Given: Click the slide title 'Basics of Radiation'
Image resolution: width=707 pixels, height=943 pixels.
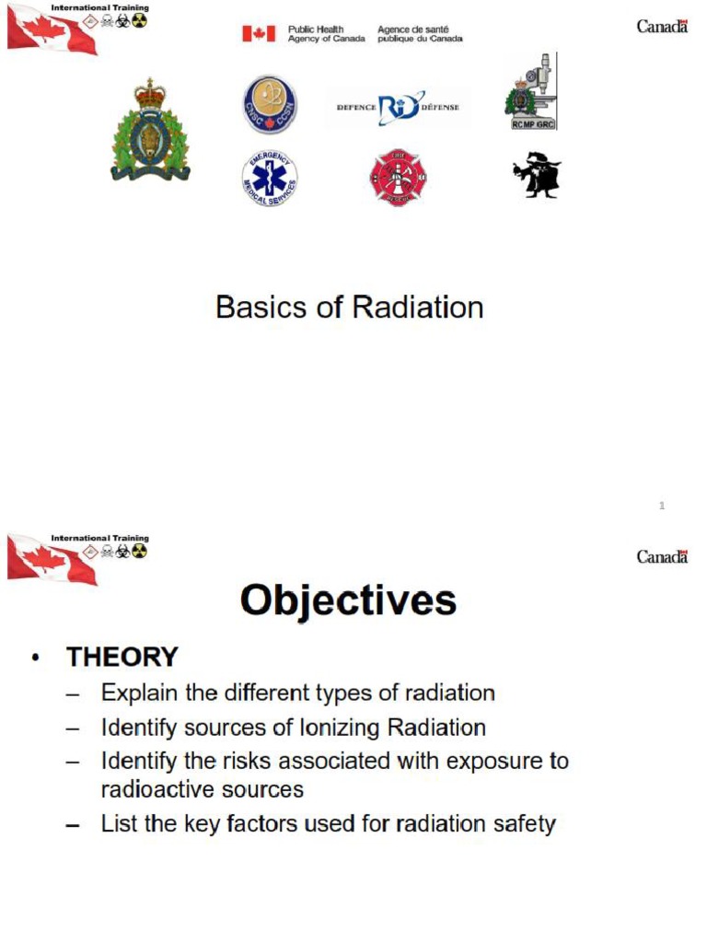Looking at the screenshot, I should [349, 308].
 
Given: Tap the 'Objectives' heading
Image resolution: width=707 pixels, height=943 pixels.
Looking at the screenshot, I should [348, 601].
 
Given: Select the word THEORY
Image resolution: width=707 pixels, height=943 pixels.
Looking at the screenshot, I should [122, 658].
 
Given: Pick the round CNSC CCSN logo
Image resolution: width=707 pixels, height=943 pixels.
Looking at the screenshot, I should [269, 105].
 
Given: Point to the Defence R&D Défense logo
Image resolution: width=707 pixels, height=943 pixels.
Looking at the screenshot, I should [398, 108].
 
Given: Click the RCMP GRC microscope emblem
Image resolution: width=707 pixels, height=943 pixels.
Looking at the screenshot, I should [531, 92].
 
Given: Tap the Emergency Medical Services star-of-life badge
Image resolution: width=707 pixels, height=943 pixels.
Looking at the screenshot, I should [269, 178].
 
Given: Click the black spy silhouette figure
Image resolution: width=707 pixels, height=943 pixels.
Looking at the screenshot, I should [537, 175].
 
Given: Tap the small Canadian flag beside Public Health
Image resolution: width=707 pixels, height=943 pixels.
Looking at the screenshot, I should [259, 34].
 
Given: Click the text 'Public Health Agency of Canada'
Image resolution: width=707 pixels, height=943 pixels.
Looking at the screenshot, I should [326, 34].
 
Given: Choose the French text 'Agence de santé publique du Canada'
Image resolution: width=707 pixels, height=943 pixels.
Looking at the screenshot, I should [420, 34].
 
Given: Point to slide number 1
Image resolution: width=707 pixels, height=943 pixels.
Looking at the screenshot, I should [662, 506].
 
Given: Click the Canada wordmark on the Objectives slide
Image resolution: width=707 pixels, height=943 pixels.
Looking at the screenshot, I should [662, 556].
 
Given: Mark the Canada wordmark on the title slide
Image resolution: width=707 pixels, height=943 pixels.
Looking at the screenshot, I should [662, 26].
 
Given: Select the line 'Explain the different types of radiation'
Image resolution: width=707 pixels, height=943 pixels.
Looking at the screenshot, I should [297, 693].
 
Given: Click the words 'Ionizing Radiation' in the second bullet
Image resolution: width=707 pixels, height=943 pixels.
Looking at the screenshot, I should [392, 728].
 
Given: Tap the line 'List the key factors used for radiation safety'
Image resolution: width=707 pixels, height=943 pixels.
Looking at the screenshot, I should [328, 823].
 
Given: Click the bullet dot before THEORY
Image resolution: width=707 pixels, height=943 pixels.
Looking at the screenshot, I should [35, 658].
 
